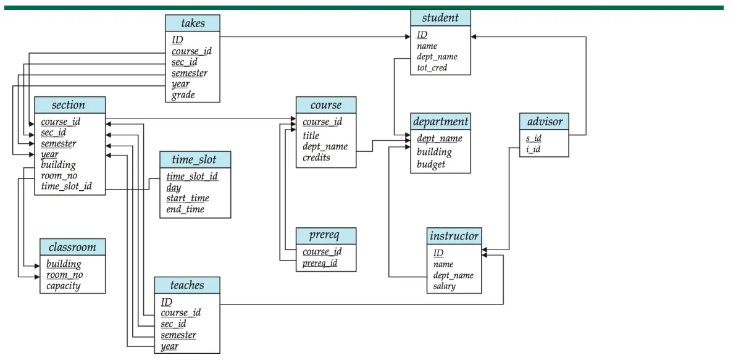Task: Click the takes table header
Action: click(193, 23)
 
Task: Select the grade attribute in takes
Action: click(183, 95)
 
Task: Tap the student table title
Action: click(440, 18)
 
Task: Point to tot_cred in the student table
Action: click(432, 68)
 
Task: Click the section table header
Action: click(69, 105)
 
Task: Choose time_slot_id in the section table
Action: click(67, 186)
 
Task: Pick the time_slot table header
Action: click(195, 160)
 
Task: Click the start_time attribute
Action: click(188, 198)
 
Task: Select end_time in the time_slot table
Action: click(185, 209)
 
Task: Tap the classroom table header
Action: click(72, 247)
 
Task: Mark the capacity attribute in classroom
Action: click(64, 286)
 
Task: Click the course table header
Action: click(325, 105)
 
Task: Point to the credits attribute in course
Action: click(316, 157)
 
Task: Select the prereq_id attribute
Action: click(320, 264)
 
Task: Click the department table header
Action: click(440, 122)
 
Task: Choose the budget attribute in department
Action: click(430, 165)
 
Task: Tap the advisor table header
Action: click(543, 122)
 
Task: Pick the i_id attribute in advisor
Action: click(534, 149)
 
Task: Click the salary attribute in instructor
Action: click(445, 287)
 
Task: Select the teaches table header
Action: click(186, 285)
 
